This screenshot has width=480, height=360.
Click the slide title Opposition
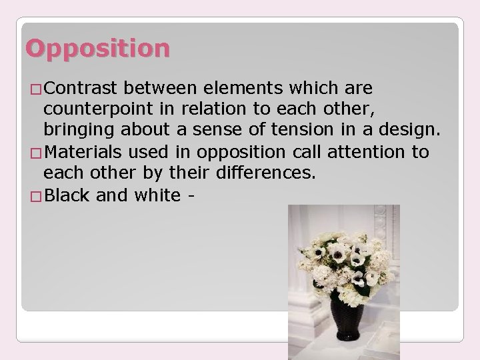coord(98,48)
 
